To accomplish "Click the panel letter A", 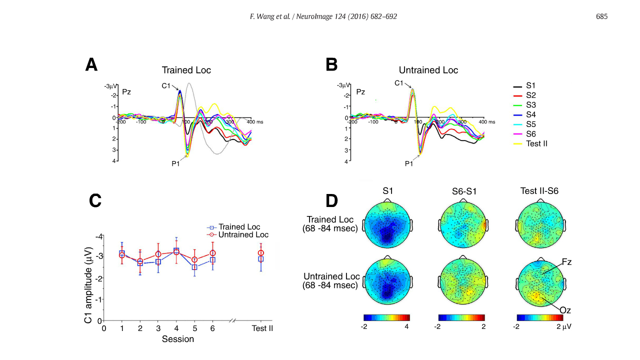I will click(91, 65).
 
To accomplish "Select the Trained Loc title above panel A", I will click(186, 70).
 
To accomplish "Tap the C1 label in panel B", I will click(399, 83).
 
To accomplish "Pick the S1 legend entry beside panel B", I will click(531, 85).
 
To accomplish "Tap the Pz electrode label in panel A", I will click(126, 92).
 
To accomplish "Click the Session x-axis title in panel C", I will click(178, 339).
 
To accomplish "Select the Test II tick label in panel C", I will click(262, 328).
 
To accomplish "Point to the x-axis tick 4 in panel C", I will click(176, 328).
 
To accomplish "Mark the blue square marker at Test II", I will click(260, 259).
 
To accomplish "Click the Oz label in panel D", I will click(566, 310).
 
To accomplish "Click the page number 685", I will click(601, 17).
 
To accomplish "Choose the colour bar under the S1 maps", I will click(386, 317).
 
